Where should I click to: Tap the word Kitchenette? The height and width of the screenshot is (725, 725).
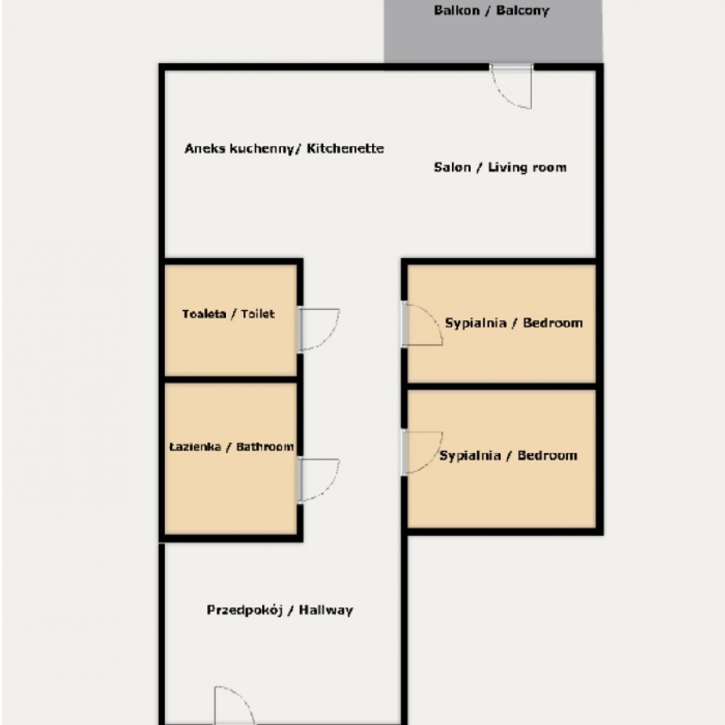click(x=346, y=148)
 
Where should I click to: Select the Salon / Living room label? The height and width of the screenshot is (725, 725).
click(x=500, y=167)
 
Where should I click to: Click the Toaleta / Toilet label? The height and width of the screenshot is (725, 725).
click(x=228, y=314)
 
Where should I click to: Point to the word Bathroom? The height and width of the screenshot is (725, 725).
click(x=265, y=446)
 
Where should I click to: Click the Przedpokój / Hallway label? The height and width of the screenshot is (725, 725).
click(x=280, y=610)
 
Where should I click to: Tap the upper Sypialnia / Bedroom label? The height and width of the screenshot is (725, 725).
click(x=514, y=323)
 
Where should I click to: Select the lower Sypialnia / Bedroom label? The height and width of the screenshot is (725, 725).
click(x=508, y=456)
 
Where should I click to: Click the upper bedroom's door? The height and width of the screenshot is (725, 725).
click(x=422, y=324)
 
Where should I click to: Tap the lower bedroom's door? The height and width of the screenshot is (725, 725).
click(x=422, y=453)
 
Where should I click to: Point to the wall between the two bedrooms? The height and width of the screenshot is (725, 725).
click(x=502, y=387)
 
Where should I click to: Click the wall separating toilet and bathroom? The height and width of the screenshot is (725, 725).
click(x=231, y=379)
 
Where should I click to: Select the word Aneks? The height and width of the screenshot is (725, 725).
click(x=205, y=149)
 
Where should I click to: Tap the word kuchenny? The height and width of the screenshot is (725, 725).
click(x=261, y=149)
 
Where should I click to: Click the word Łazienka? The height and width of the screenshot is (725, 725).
click(x=195, y=446)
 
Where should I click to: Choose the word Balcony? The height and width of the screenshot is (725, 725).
click(x=523, y=10)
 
